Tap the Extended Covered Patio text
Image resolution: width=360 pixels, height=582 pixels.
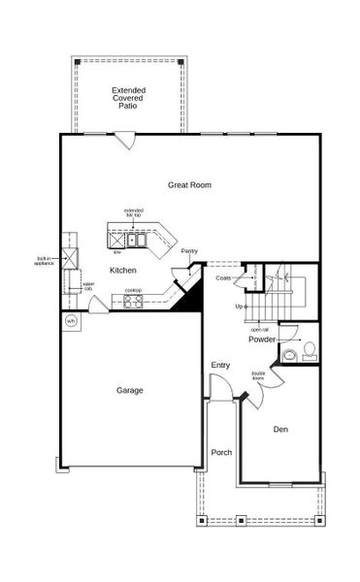coord(128,97)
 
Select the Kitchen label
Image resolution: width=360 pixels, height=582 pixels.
coord(122,270)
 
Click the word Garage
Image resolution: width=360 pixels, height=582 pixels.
coord(129,390)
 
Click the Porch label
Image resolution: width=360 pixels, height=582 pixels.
coord(221,452)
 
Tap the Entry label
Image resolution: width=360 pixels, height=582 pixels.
coord(220,365)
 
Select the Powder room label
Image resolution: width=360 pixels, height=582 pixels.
coord(262,339)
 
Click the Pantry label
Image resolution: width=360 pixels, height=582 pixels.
coord(189,250)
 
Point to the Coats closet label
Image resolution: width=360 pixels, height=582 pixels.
coord(223,278)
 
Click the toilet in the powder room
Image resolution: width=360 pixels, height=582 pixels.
coord(310,349)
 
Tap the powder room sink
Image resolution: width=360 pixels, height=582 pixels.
coord(288,356)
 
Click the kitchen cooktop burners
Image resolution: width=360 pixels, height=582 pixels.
coord(133,300)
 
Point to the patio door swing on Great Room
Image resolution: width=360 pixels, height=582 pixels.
coord(124,141)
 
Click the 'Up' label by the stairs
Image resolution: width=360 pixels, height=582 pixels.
coord(239,307)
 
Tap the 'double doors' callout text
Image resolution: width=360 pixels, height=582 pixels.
coord(258,375)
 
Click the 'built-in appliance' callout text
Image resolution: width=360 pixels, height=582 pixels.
coord(45,260)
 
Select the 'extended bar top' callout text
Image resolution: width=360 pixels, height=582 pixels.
coord(134,212)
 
